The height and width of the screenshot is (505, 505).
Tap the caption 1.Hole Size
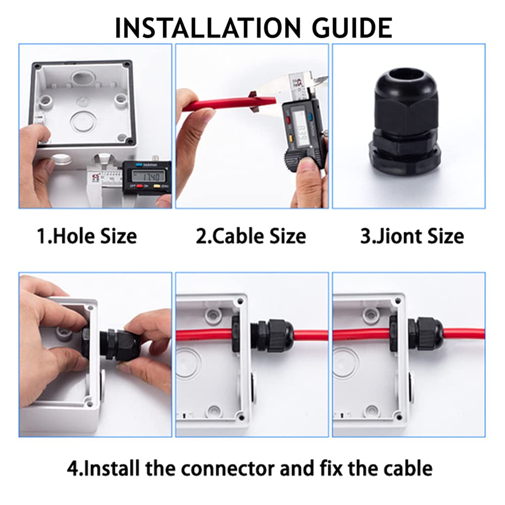87,236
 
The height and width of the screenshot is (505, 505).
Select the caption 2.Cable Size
251,236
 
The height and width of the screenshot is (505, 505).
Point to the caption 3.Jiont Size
412,236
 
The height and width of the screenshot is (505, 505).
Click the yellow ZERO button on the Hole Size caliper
158,187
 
